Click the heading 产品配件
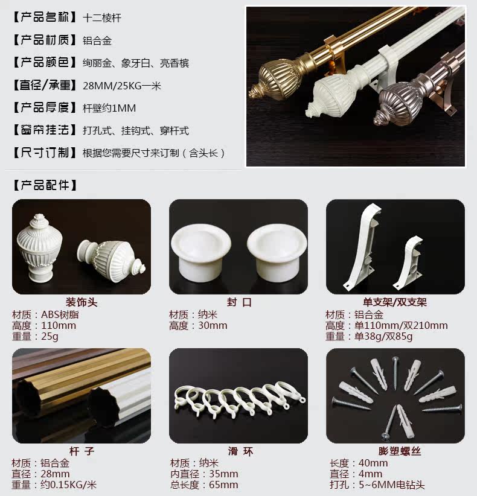pyautogui.click(x=45, y=185)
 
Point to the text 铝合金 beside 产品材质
pyautogui.click(x=97, y=40)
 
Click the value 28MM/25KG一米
pyautogui.click(x=122, y=86)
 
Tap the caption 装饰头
pyautogui.click(x=82, y=302)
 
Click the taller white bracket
pyautogui.click(x=362, y=247)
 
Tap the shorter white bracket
pyautogui.click(x=408, y=263)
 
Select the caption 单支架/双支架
pyautogui.click(x=395, y=302)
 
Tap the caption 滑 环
pyautogui.click(x=240, y=451)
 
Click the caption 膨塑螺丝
pyautogui.click(x=400, y=451)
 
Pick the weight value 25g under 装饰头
pyautogui.click(x=50, y=336)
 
